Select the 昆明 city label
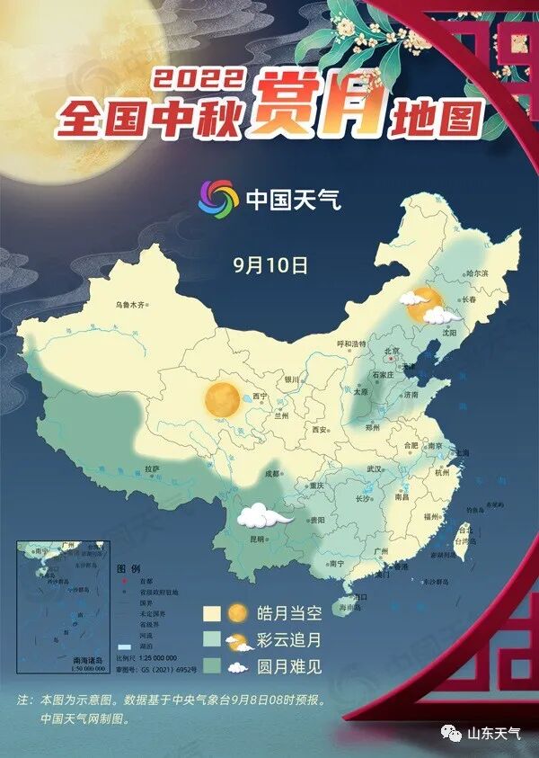(x=257, y=539)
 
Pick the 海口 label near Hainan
(x=361, y=596)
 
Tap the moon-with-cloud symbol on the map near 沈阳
(x=428, y=306)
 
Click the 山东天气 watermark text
(x=493, y=734)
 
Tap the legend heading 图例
(x=129, y=570)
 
